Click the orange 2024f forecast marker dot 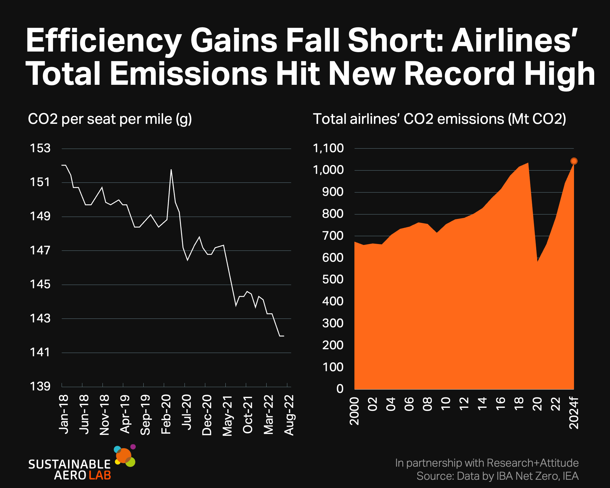(574, 161)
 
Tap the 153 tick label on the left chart (40, 148)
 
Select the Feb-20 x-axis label (166, 414)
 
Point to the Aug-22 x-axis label (289, 415)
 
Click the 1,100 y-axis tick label (328, 149)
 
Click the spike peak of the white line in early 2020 (171, 169)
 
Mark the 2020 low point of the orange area (537, 262)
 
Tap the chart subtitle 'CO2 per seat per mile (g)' (110, 119)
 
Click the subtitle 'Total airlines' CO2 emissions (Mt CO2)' (440, 119)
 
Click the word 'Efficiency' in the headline (104, 41)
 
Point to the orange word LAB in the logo (100, 475)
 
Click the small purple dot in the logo (133, 447)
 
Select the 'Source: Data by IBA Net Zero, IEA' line (497, 476)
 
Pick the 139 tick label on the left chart (40, 386)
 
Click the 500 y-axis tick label (333, 279)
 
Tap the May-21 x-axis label (228, 416)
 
